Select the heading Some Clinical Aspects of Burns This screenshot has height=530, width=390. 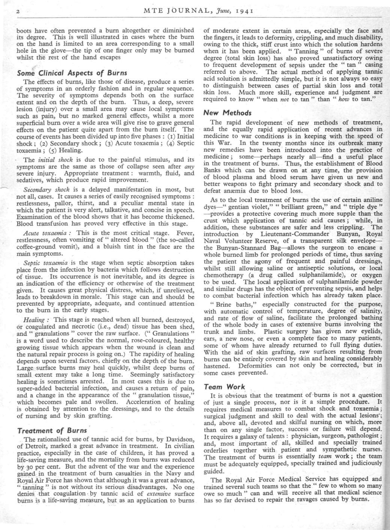(72, 73)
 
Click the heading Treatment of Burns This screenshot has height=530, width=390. (52, 431)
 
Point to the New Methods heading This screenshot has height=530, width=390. (227, 113)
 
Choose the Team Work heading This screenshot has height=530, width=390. (224, 387)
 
